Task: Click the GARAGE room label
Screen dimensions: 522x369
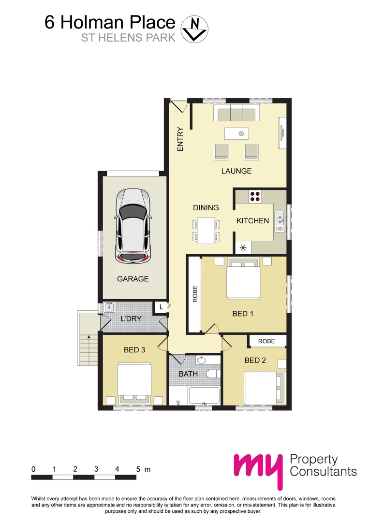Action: tap(133, 279)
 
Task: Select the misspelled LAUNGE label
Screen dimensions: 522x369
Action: tap(236, 171)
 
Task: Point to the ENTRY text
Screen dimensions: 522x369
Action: tap(180, 140)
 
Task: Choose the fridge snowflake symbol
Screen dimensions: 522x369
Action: tap(243, 248)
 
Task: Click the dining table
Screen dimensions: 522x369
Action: tap(206, 230)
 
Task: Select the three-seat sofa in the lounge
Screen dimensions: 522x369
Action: tap(236, 115)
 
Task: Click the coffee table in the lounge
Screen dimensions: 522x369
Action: tap(236, 133)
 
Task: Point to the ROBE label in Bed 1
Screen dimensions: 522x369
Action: tap(195, 295)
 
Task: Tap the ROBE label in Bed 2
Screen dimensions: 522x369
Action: tap(266, 341)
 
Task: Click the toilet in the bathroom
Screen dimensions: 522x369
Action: tap(212, 374)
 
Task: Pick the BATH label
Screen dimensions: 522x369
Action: tap(188, 374)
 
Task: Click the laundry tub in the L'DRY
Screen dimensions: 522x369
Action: tap(109, 306)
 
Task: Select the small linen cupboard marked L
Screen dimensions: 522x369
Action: tap(160, 306)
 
